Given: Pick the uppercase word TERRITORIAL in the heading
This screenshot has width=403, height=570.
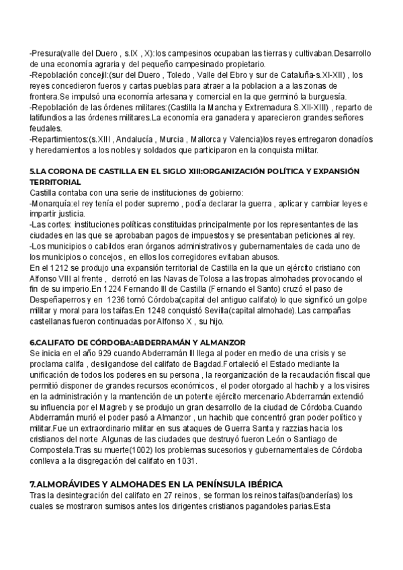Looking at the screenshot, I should (x=56, y=182).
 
